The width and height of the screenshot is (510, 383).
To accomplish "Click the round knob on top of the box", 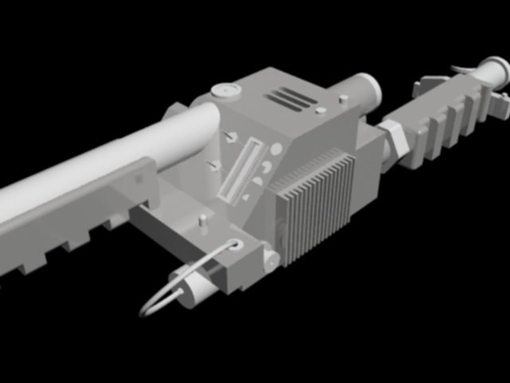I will coord(226,90).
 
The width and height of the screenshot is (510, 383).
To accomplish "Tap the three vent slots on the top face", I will coord(292,99).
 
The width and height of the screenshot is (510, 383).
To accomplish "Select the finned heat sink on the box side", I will coord(315,204).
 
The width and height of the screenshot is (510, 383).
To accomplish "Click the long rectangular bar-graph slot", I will coord(239,169).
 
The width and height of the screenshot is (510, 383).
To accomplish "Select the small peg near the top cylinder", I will coord(343,100).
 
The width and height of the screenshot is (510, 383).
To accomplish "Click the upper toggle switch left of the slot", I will coord(230,137).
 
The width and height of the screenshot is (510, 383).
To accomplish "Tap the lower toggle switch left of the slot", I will coord(214,165).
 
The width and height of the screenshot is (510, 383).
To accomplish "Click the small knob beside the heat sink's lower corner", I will coord(271,257).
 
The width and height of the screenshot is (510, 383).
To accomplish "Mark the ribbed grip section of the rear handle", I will coord(442,120).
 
